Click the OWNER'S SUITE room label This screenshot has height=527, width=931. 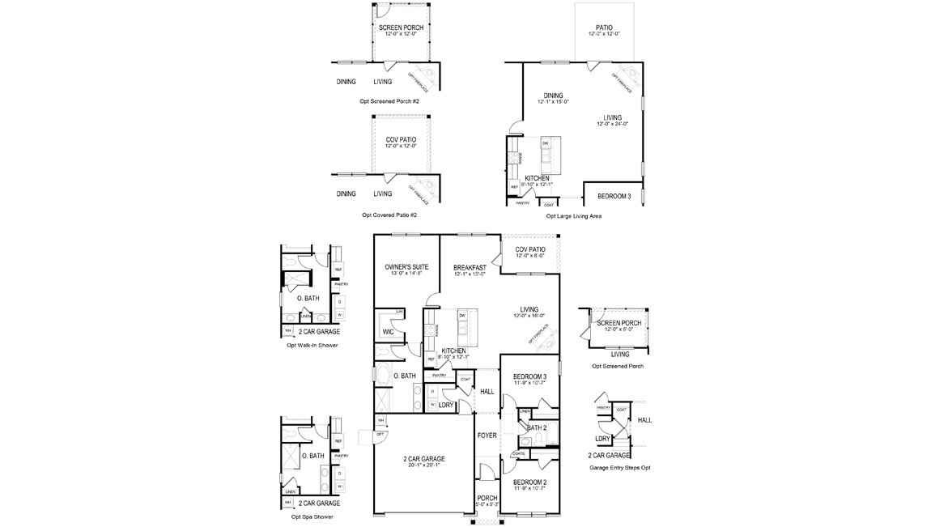[406, 266]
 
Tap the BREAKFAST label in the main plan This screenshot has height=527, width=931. [470, 267]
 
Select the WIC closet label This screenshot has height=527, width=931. [387, 332]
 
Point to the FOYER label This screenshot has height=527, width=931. [487, 436]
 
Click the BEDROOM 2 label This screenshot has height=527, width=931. [529, 482]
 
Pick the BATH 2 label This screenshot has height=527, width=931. [537, 427]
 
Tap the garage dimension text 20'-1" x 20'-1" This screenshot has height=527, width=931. [423, 465]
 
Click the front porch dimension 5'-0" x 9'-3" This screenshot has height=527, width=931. [487, 504]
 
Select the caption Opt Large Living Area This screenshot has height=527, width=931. [573, 216]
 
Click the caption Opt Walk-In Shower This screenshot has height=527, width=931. [312, 345]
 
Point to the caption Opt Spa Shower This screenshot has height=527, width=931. [312, 516]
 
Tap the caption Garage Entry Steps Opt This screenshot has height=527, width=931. [619, 467]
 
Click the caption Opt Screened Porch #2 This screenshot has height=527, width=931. [389, 101]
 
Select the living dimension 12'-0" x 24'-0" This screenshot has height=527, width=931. [612, 124]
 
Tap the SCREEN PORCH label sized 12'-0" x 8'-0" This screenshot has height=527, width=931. [619, 323]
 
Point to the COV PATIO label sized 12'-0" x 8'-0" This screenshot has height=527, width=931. [530, 249]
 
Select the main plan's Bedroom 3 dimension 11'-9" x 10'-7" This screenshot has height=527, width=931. [529, 383]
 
